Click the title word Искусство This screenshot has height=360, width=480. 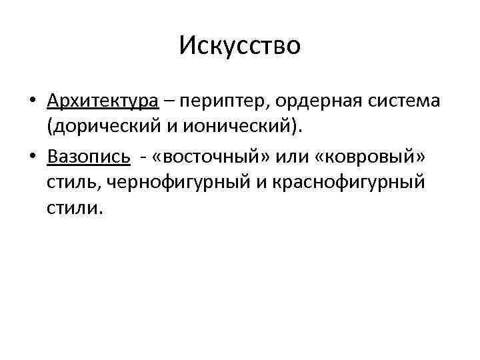point(240,46)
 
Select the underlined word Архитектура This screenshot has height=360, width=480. point(103,101)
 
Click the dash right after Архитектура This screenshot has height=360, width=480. point(169,101)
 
